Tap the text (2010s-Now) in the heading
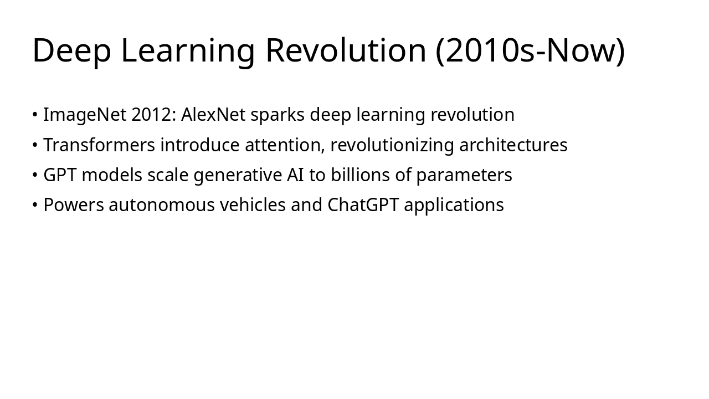[x=530, y=50]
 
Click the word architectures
[x=513, y=145]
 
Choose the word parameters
[x=464, y=175]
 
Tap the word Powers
[x=74, y=205]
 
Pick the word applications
[x=454, y=205]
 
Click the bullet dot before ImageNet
[x=35, y=115]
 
